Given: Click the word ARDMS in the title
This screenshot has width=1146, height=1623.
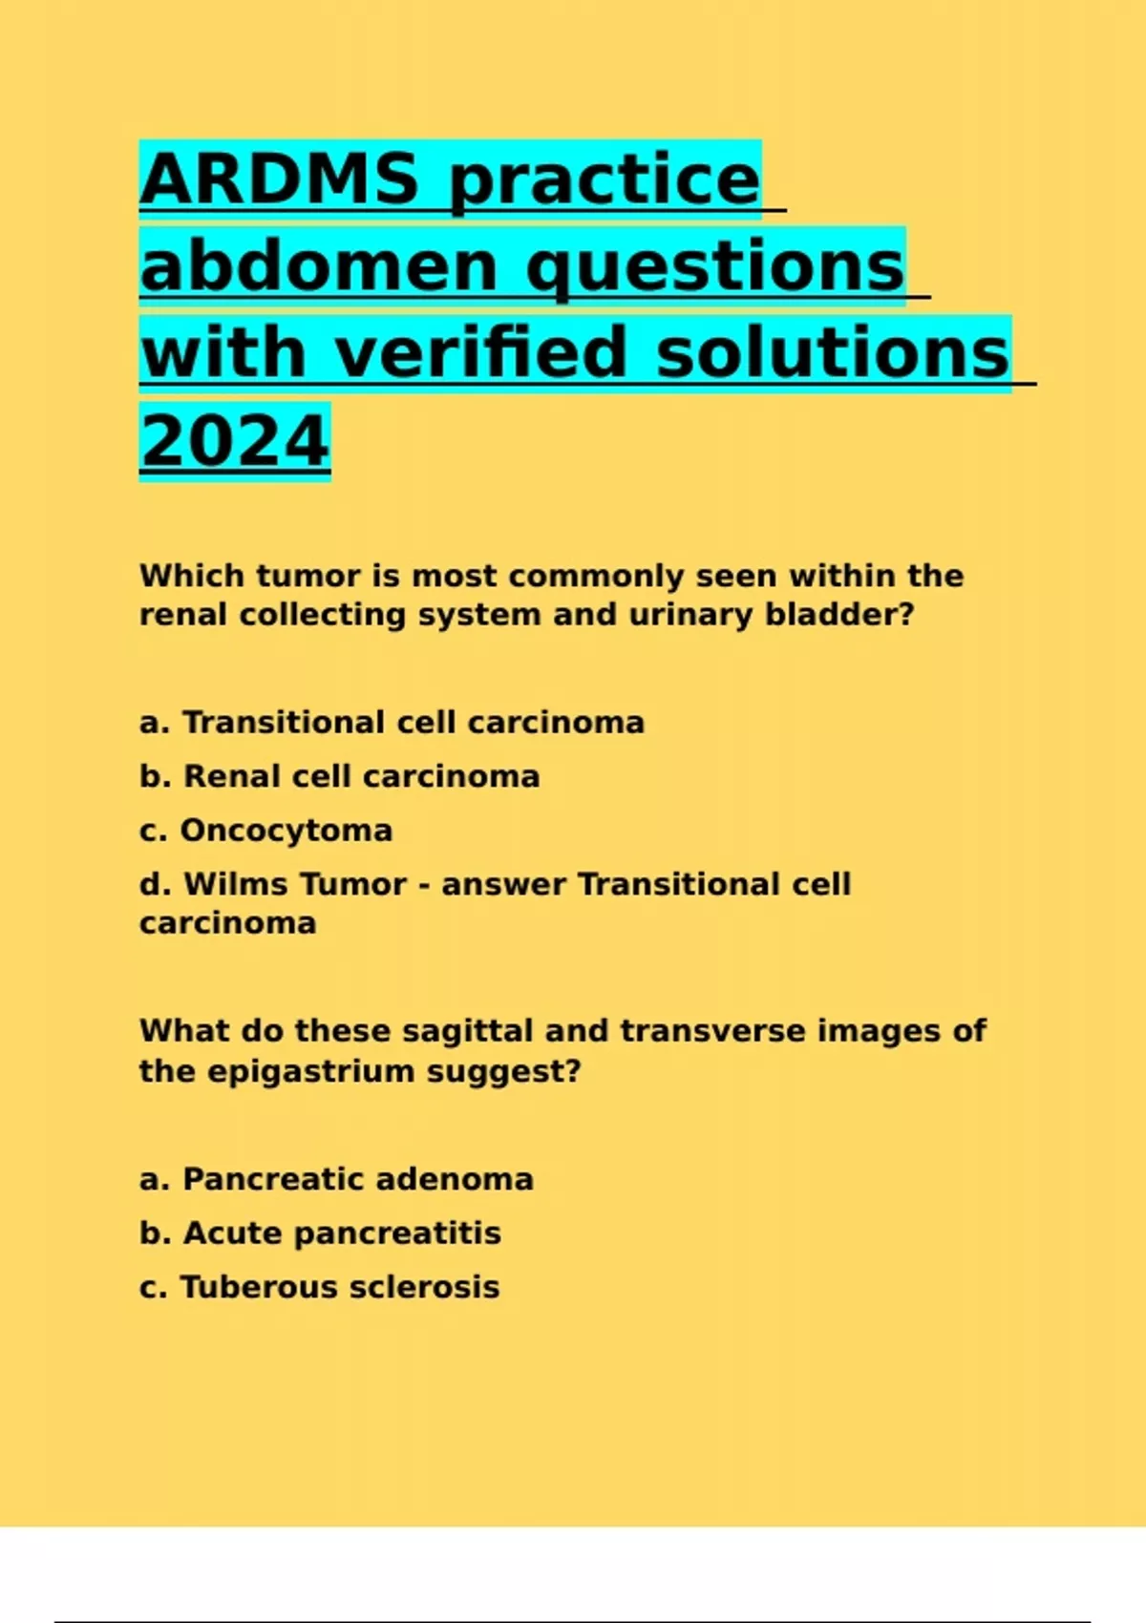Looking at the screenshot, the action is (280, 179).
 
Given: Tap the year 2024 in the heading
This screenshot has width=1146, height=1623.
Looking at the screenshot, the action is (235, 440).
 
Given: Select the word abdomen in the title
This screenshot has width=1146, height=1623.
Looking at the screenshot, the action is (319, 266).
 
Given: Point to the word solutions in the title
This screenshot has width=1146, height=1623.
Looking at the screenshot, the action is (833, 353).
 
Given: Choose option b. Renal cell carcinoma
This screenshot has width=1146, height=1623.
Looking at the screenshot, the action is (340, 776).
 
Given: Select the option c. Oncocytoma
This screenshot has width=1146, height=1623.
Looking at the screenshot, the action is (266, 831).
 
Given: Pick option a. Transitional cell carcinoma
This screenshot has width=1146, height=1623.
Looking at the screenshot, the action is (393, 723).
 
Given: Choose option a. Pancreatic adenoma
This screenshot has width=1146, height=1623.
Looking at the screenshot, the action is (336, 1179).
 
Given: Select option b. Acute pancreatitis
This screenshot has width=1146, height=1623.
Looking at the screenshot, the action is (320, 1233).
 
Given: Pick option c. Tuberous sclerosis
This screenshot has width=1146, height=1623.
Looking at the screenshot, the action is (320, 1287).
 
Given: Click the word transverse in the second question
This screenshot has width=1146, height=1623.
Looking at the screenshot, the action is (713, 1031).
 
